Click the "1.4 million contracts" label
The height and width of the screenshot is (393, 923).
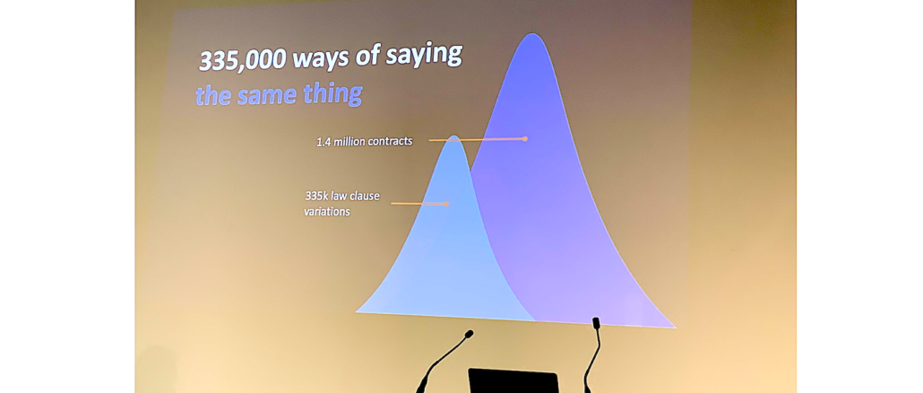click(x=365, y=142)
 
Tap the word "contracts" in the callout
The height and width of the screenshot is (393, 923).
click(x=391, y=142)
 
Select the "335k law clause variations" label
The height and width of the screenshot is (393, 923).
click(x=341, y=204)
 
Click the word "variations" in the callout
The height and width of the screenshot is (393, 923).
click(x=327, y=211)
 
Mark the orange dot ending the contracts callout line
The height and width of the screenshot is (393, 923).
click(x=525, y=139)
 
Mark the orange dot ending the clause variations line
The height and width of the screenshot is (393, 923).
click(x=447, y=204)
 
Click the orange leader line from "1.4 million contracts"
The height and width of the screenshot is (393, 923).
click(x=477, y=140)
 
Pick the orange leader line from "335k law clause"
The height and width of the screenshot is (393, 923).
click(x=419, y=204)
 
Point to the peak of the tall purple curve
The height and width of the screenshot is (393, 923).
click(x=532, y=34)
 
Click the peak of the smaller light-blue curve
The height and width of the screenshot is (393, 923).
click(x=453, y=136)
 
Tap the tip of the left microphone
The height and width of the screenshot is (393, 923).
click(x=470, y=334)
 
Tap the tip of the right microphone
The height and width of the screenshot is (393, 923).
click(x=596, y=322)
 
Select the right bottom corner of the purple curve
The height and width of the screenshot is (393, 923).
click(x=675, y=327)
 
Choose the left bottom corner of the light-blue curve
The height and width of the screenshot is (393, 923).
click(x=356, y=311)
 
